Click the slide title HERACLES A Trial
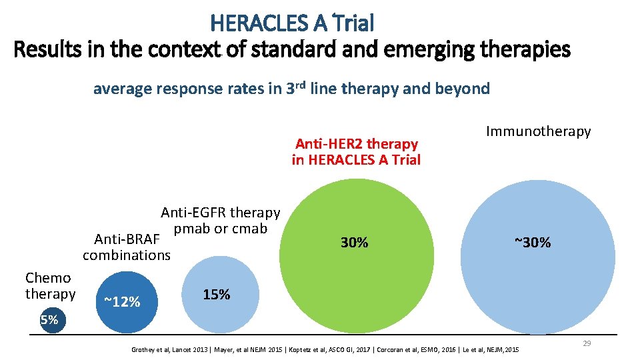[x=292, y=23]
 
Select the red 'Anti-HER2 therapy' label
[x=356, y=143]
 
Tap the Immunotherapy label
[x=538, y=131]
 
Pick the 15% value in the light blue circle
[x=217, y=295]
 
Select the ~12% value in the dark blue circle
[x=122, y=302]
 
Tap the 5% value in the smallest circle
[x=49, y=320]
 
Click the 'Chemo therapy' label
[x=50, y=286]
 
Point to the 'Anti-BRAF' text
[x=127, y=239]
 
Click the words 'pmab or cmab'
[x=220, y=229]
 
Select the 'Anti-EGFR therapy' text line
[x=220, y=213]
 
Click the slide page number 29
[x=587, y=343]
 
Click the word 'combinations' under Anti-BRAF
[x=127, y=255]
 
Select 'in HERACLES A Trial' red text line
[x=356, y=160]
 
